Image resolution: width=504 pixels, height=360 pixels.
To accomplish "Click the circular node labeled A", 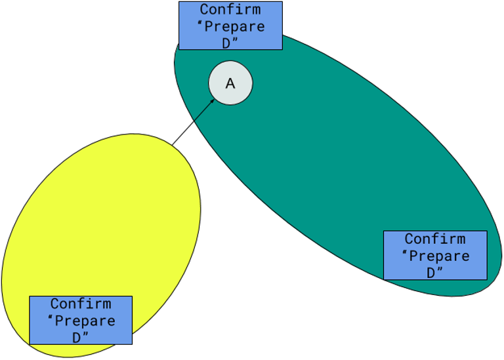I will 230,83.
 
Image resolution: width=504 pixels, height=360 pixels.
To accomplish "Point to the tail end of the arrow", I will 195,120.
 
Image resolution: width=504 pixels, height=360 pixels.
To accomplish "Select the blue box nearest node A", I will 230,26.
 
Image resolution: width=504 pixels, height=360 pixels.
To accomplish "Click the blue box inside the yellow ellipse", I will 81,320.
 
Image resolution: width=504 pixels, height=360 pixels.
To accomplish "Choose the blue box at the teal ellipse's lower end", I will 434,255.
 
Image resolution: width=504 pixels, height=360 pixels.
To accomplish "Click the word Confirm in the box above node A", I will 230,10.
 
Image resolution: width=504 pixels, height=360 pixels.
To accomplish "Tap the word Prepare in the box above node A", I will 236,27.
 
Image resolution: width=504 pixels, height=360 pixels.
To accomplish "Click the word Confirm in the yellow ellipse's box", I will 81,304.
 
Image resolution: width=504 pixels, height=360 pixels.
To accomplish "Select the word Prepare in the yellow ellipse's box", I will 86,321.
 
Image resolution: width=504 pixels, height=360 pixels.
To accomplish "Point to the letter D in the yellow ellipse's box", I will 77,337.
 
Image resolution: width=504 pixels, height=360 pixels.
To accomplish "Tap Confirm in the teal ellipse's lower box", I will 434,239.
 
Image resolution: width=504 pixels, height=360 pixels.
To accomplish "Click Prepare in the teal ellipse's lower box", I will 440,256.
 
